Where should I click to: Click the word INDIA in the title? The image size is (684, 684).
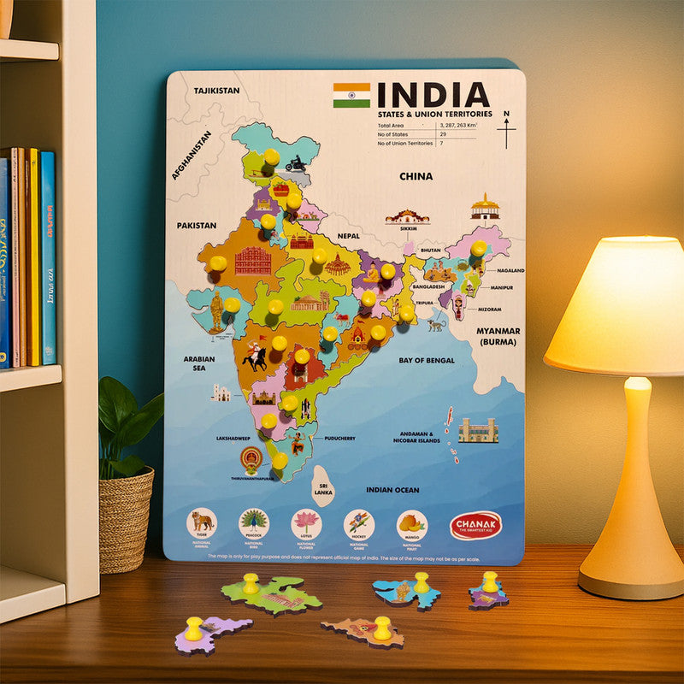pyautogui.click(x=433, y=95)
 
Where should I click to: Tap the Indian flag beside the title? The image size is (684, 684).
pyautogui.click(x=351, y=95)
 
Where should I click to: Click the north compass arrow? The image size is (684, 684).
pyautogui.click(x=507, y=130)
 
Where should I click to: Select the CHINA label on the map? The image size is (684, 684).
pyautogui.click(x=416, y=177)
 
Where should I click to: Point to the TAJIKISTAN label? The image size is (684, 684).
pyautogui.click(x=216, y=90)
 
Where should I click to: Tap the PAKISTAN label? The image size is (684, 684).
pyautogui.click(x=197, y=226)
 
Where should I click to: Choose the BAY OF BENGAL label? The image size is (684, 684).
pyautogui.click(x=427, y=361)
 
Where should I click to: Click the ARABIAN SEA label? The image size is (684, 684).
pyautogui.click(x=198, y=365)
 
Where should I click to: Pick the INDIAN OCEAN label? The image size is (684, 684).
pyautogui.click(x=392, y=490)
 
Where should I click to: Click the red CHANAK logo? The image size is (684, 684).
pyautogui.click(x=475, y=525)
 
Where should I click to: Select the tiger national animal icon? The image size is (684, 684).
pyautogui.click(x=202, y=521)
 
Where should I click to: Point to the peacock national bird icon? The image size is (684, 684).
pyautogui.click(x=254, y=521)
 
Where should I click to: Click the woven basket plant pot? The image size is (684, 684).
pyautogui.click(x=126, y=519)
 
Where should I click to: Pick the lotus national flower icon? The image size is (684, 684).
pyautogui.click(x=306, y=521)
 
